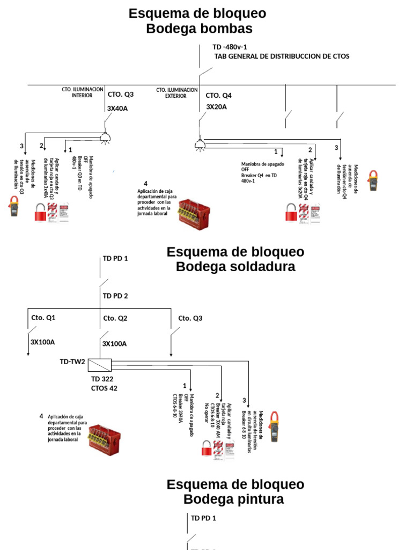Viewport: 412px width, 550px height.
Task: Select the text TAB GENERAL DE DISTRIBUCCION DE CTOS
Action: point(282,56)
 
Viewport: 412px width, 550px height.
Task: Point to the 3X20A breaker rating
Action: point(217,107)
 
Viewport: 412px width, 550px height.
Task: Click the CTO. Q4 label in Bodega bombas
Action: point(219,95)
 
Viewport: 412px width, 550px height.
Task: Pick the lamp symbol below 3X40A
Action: point(105,137)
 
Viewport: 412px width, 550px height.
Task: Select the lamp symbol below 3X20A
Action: point(200,143)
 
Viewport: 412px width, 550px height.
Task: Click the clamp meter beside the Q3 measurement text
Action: point(14,206)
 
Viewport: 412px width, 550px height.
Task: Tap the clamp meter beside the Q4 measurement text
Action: point(372,180)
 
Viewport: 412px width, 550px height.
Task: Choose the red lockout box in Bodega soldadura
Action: point(105,436)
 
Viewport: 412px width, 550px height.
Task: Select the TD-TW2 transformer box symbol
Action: point(99,365)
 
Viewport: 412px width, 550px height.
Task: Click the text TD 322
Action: point(102,379)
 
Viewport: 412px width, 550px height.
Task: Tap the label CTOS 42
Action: point(104,388)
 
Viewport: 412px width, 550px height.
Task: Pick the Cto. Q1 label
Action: point(43,318)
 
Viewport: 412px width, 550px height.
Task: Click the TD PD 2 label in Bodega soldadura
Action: point(115,296)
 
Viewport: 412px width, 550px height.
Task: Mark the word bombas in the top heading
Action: point(224,28)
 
